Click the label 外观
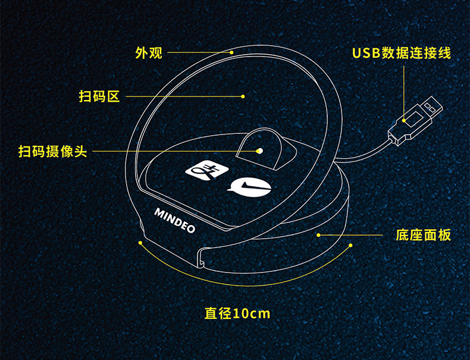[149, 53]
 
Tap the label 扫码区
[99, 96]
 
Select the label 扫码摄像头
[52, 151]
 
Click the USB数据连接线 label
[402, 53]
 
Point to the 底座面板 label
[424, 235]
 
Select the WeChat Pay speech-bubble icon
[248, 188]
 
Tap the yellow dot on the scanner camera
[259, 151]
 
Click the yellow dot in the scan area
[243, 96]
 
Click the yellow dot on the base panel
[318, 235]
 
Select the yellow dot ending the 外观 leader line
[232, 53]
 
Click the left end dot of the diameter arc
[140, 243]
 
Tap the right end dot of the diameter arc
[350, 245]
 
